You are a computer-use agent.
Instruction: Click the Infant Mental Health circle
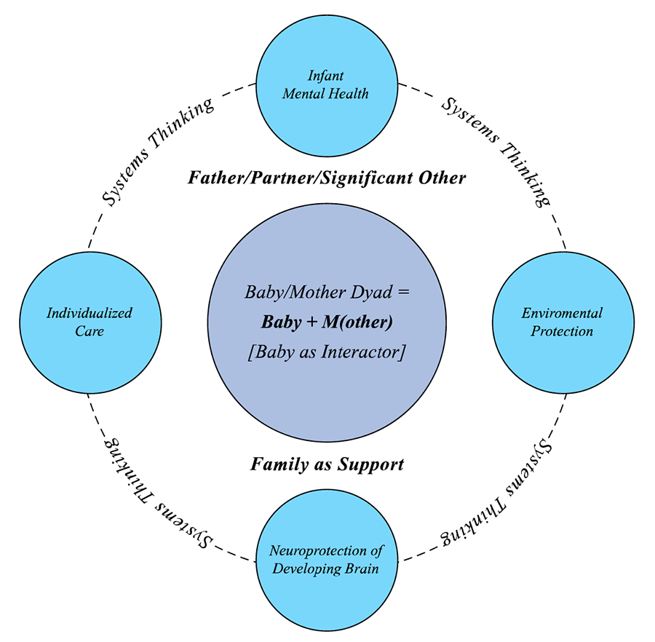[x=326, y=84]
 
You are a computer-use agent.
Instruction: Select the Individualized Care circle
[x=90, y=322]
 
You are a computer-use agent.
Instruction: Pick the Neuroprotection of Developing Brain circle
[x=326, y=559]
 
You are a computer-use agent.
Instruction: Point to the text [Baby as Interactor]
[x=327, y=352]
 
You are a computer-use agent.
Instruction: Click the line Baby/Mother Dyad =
[x=327, y=293]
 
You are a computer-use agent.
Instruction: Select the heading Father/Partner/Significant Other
[x=327, y=178]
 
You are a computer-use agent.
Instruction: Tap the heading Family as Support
[x=327, y=464]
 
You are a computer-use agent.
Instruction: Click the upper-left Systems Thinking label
[x=156, y=150]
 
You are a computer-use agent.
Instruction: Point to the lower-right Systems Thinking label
[x=496, y=496]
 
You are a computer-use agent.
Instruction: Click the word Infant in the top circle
[x=326, y=75]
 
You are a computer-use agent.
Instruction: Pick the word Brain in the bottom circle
[x=362, y=568]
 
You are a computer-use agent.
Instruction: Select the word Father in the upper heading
[x=213, y=178]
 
